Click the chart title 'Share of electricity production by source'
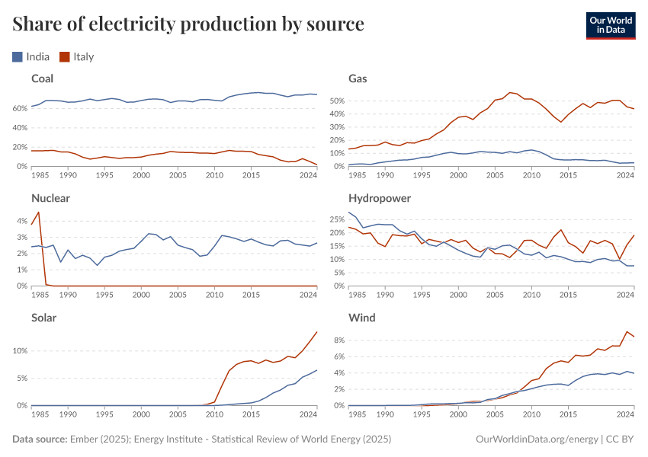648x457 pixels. click(188, 24)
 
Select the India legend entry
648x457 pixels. click(31, 56)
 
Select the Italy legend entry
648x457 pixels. click(76, 56)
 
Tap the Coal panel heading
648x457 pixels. click(42, 78)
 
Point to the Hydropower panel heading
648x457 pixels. click(380, 198)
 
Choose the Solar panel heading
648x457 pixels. click(44, 318)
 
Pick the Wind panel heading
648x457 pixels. click(361, 318)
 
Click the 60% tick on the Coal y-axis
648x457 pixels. click(21, 109)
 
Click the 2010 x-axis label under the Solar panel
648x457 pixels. click(214, 414)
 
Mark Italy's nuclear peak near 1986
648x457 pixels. click(38, 213)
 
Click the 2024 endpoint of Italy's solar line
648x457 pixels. click(317, 331)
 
